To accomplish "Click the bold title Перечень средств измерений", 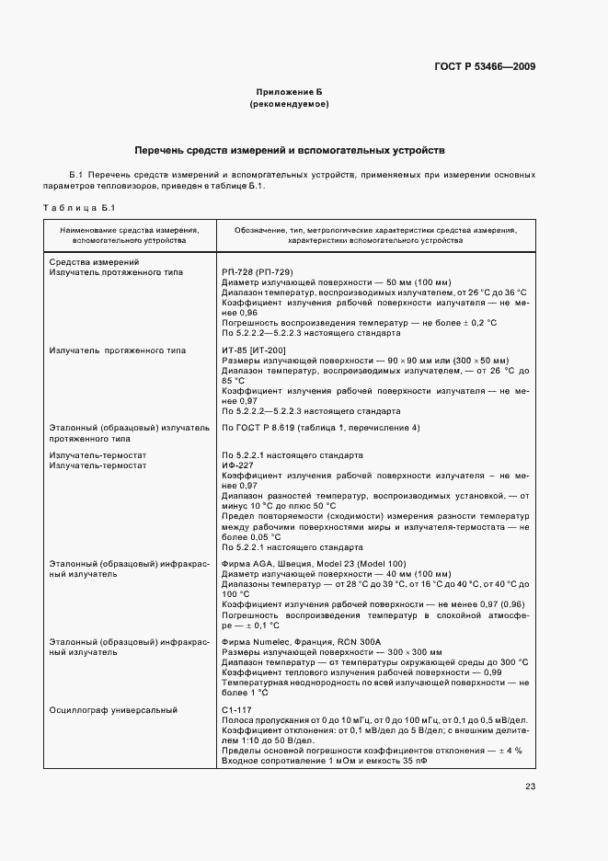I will [289, 148].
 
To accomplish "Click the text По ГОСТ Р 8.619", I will [257, 428].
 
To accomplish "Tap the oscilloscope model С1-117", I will [235, 711].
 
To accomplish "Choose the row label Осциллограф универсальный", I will [112, 711].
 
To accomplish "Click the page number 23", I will [530, 786].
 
